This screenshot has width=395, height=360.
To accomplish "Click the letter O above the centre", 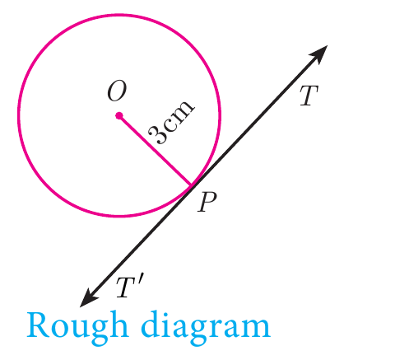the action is [117, 91].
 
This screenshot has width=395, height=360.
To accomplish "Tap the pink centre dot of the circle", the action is [119, 115].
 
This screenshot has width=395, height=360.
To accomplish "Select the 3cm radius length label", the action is [172, 121].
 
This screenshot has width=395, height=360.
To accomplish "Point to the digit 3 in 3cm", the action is [157, 135].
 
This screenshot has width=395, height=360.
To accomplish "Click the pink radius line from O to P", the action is [156, 151].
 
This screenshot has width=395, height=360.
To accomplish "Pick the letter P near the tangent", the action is [207, 202].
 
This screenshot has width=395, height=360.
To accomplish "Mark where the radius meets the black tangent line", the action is [192, 186].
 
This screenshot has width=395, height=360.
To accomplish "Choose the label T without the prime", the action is [309, 96].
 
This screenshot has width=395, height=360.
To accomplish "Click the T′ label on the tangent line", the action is [129, 287].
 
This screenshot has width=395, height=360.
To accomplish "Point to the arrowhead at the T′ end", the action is [89, 297].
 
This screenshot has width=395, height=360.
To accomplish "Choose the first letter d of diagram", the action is [151, 324].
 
